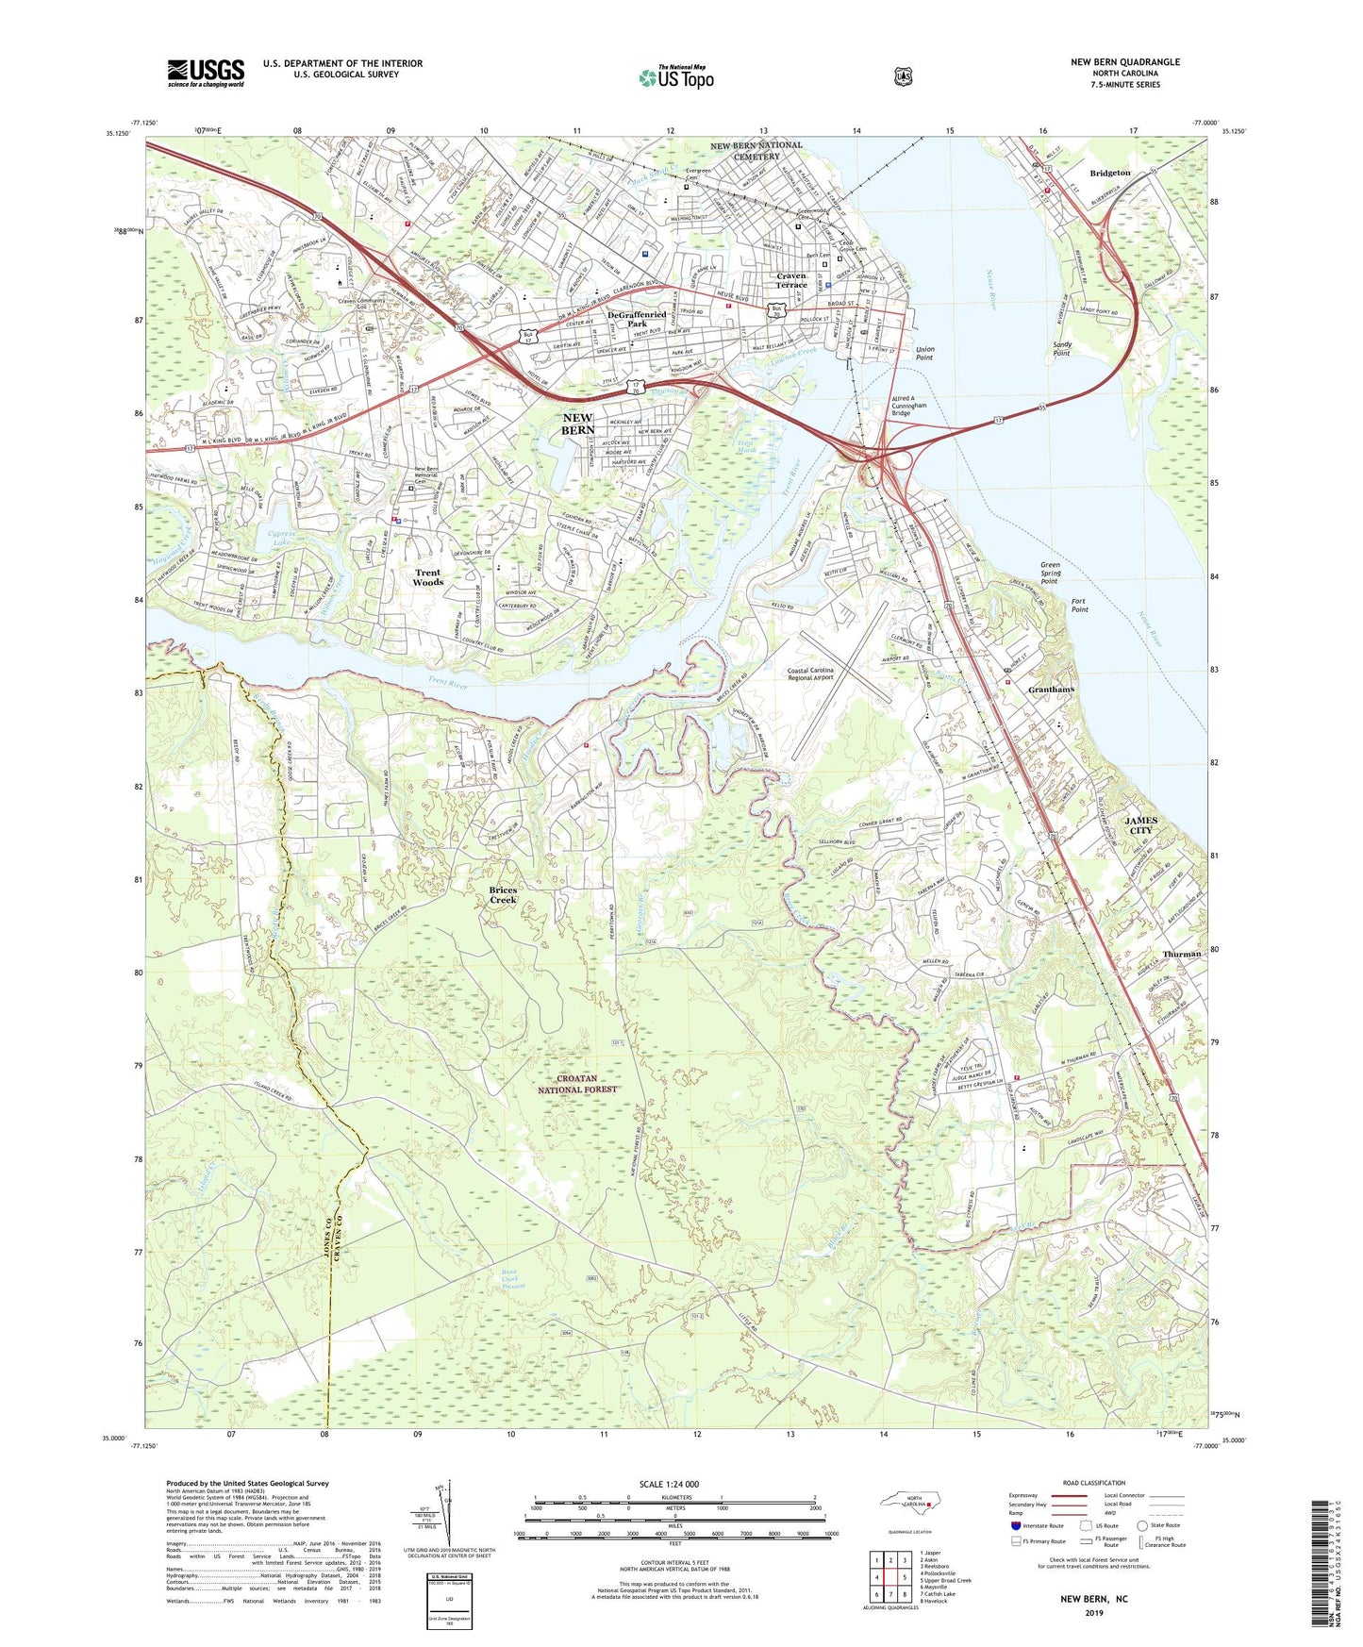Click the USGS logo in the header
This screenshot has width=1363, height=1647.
pos(206,72)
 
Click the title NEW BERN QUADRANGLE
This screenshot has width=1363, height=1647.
pos(1124,62)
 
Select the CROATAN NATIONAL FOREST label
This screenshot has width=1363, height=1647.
pos(577,1084)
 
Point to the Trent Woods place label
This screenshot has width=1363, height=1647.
pos(427,577)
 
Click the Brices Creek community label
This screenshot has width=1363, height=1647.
pos(503,895)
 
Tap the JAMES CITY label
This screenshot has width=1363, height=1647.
pos(1140,825)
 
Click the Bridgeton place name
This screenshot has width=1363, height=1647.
pos(1109,174)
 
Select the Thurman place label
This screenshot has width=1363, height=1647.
pos(1181,954)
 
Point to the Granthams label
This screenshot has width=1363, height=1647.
pos(1051,690)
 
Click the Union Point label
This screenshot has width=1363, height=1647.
pos(924,354)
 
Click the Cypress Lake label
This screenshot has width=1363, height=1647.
pos(281,539)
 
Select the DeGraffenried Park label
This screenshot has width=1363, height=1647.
pos(637,319)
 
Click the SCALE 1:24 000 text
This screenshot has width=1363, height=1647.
pos(669,1485)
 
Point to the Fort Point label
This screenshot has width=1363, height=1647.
pos(1079,606)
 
